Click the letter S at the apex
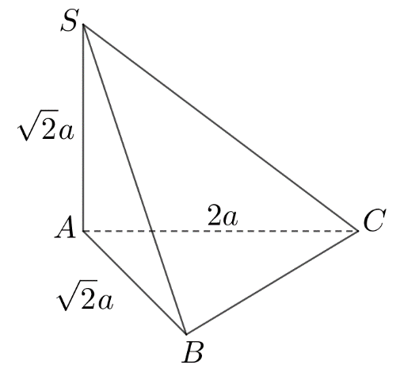(x=71, y=21)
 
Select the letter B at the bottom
(x=192, y=352)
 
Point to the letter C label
(x=373, y=221)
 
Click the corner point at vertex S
(x=83, y=25)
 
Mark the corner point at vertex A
(x=83, y=231)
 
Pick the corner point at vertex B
(x=185, y=334)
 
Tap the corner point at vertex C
(x=360, y=231)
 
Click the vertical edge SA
(x=83, y=127)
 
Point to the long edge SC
(x=222, y=128)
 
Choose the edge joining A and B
(x=135, y=283)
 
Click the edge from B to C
(x=273, y=283)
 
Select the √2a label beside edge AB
(x=86, y=298)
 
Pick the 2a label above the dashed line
(x=223, y=216)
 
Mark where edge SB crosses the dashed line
(x=151, y=231)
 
